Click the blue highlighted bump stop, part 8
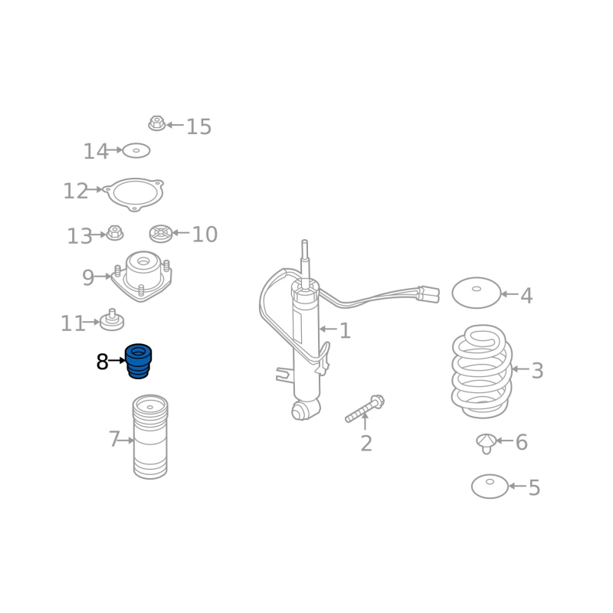point(139,361)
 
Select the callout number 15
point(198,126)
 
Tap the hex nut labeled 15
point(157,123)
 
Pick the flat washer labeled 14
point(136,150)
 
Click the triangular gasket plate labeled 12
point(135,195)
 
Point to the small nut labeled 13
point(115,233)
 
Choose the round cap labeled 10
point(161,234)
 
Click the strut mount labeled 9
point(143,276)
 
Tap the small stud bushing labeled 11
point(112,320)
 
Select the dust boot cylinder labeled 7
point(150,437)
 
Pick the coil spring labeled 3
point(482,372)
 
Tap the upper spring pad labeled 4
point(476,293)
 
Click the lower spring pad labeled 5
point(490,487)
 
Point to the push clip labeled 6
point(486,443)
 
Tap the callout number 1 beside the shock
point(345,331)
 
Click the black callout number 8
point(103,362)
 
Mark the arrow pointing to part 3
point(520,369)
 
